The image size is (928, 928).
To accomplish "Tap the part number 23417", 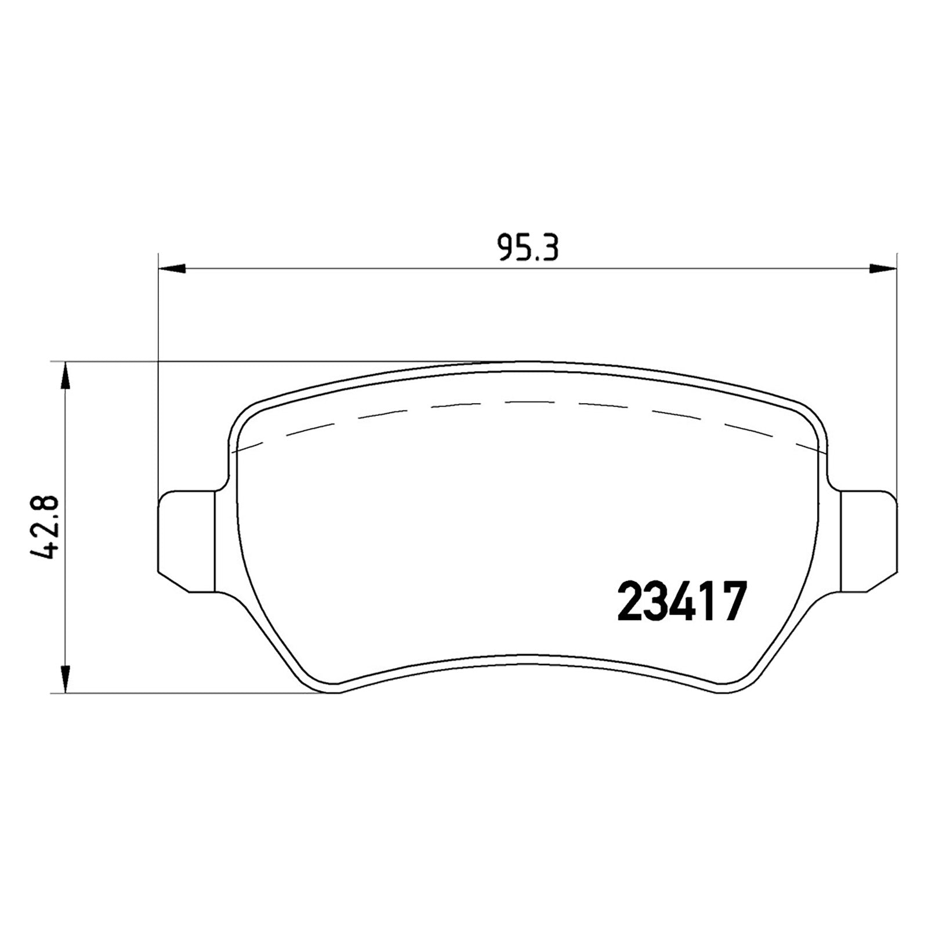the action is click(x=681, y=602).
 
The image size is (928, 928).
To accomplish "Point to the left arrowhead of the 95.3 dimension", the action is click(x=172, y=269).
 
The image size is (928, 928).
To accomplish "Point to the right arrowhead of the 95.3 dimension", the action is click(x=883, y=268).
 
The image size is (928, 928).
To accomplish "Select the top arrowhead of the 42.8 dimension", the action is click(x=66, y=376).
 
